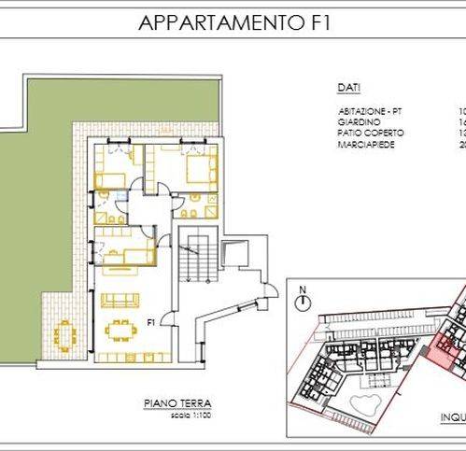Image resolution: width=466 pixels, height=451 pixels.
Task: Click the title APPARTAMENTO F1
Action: click(233, 23)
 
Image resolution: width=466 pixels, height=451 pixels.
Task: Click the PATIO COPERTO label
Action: click(363, 132)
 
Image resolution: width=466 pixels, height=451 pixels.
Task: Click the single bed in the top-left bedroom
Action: click(109, 176)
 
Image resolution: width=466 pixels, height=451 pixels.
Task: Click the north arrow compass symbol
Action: click(302, 302)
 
